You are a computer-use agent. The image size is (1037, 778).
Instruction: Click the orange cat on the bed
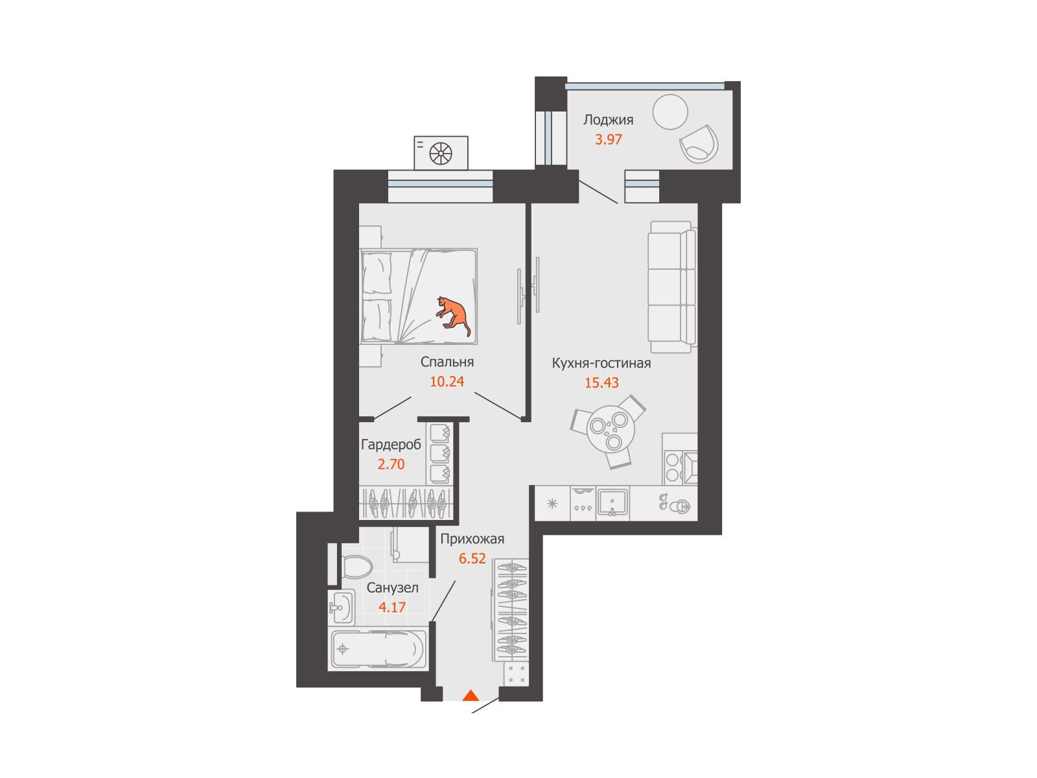pos(452,315)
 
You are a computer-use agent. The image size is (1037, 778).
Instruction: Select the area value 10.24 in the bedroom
pos(447,381)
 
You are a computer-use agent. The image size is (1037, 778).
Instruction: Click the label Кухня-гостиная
pos(601,363)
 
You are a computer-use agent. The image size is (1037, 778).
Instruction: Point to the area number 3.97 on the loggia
pos(608,139)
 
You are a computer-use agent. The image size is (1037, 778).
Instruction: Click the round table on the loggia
pos(670,112)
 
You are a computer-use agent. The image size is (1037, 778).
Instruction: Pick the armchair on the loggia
pos(699,143)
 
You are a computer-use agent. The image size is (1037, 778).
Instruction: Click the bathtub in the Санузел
pos(377,650)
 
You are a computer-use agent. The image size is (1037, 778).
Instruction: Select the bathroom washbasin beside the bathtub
pos(341,607)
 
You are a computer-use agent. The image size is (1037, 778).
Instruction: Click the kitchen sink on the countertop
pos(612,502)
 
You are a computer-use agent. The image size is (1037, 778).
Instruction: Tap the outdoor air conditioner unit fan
pos(441,154)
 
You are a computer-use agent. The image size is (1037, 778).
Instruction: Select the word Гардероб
pos(391,444)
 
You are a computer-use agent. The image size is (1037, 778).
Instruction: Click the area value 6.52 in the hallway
pos(472,558)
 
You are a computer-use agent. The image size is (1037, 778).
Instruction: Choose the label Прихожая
pos(472,539)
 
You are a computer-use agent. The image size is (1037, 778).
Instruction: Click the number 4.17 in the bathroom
pos(391,607)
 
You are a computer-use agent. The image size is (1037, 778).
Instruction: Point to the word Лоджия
pos(608,120)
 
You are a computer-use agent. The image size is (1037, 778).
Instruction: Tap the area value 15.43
pos(601,383)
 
